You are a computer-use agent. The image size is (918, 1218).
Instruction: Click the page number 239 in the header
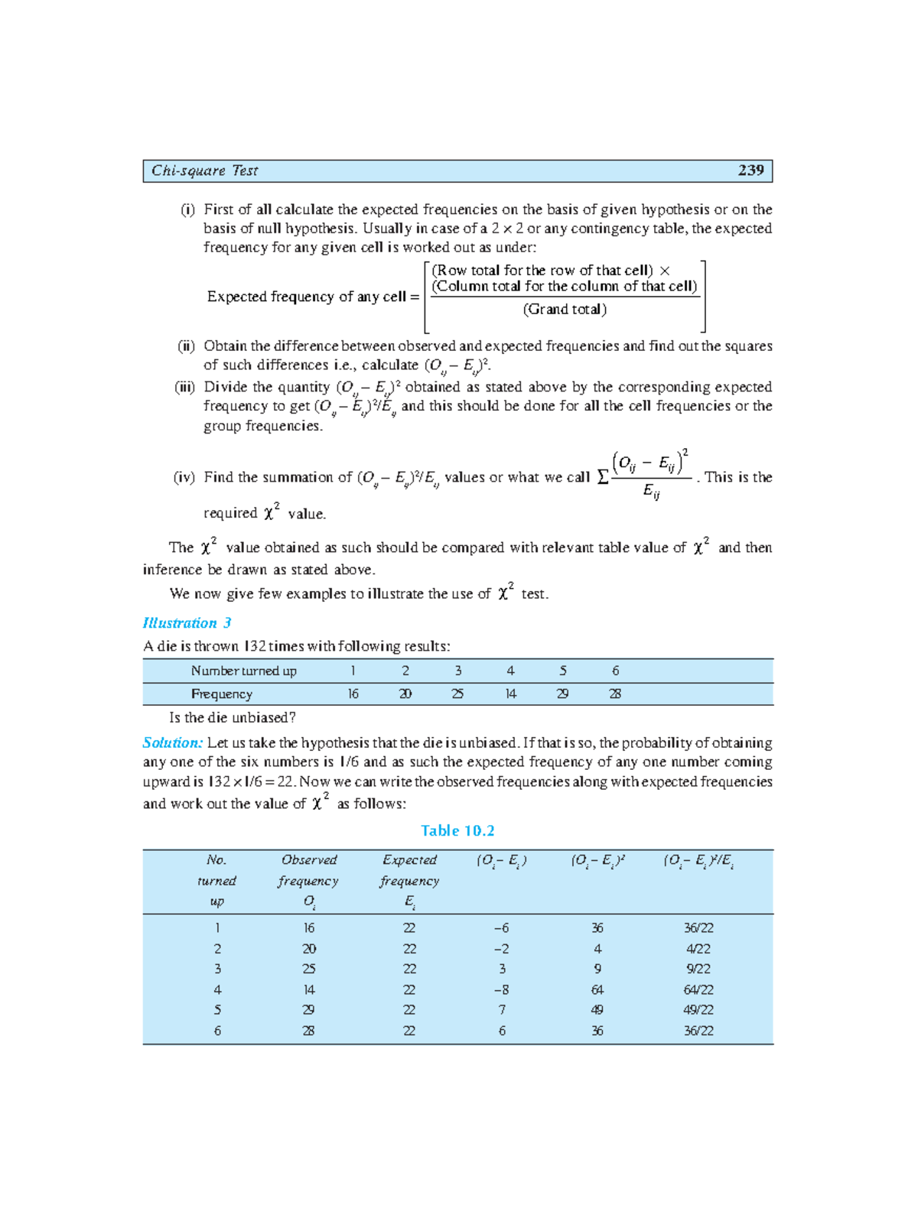pos(750,171)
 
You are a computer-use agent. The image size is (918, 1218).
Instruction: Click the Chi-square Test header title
pos(204,171)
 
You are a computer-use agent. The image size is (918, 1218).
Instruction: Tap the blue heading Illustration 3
pos(187,623)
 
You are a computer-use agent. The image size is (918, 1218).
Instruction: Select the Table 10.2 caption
pos(457,831)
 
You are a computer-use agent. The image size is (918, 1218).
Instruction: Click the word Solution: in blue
pos(172,742)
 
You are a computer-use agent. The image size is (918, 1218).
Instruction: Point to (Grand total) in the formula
pos(565,310)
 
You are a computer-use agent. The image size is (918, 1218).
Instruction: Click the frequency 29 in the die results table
pos(562,694)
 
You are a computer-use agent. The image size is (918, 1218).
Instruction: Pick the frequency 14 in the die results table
pos(510,694)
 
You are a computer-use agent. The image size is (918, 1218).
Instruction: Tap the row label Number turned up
pos(243,671)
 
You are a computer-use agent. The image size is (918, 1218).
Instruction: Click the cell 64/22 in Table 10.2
pos(698,990)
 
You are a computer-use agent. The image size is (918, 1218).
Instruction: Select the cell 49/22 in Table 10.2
pos(698,1010)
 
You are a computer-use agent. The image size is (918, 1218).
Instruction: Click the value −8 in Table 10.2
pos(501,990)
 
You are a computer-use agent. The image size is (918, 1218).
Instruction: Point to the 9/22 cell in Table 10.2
pos(698,970)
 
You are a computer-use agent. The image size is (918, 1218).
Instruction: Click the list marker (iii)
pos(184,387)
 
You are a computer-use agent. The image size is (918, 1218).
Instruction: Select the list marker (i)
pos(187,209)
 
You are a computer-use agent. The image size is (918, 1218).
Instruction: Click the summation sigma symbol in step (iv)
pos(602,478)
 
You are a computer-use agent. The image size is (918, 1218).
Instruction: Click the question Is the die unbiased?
pos(232,718)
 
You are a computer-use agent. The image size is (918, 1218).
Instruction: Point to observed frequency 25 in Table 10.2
pos(308,970)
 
